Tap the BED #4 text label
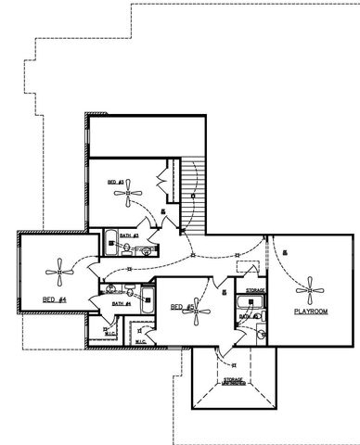[54, 299]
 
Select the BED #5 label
[182, 307]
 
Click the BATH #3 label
[129, 235]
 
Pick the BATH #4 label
[121, 303]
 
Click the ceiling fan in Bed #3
[129, 195]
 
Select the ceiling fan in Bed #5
[197, 311]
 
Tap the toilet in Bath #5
[262, 332]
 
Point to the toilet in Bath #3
[149, 248]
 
